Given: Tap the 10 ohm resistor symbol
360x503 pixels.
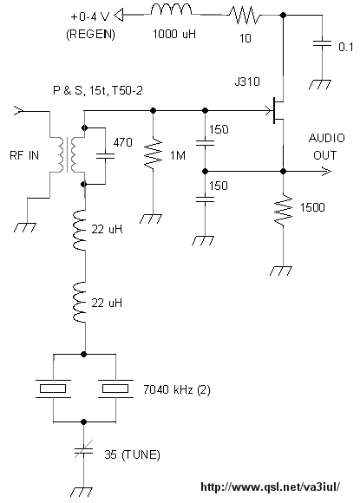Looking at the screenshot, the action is click(245, 16).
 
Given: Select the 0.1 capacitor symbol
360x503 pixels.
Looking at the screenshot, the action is click(322, 43).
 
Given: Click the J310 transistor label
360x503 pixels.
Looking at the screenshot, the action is click(247, 82).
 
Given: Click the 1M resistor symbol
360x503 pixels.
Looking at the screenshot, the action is click(153, 154).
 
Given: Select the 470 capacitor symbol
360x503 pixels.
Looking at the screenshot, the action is click(105, 156).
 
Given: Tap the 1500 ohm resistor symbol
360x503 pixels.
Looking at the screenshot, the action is click(284, 209).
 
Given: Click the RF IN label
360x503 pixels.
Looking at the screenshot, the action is click(24, 155).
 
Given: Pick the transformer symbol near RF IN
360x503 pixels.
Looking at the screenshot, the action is click(67, 154).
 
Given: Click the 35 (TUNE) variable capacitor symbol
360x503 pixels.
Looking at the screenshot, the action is click(84, 450).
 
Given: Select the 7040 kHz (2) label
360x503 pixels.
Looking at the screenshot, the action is click(176, 389).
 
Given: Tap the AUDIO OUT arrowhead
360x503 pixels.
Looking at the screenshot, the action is click(326, 172).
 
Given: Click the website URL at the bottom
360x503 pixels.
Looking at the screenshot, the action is click(270, 487).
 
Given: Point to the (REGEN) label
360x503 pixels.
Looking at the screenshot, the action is click(90, 34).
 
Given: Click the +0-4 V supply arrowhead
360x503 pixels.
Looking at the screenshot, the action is click(119, 16).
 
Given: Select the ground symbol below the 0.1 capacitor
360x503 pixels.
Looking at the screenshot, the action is click(320, 84).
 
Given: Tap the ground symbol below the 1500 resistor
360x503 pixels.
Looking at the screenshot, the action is click(281, 271).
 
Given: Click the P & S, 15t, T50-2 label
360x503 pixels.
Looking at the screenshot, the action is click(97, 91).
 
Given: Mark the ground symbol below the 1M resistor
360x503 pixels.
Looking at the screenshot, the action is click(151, 219).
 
